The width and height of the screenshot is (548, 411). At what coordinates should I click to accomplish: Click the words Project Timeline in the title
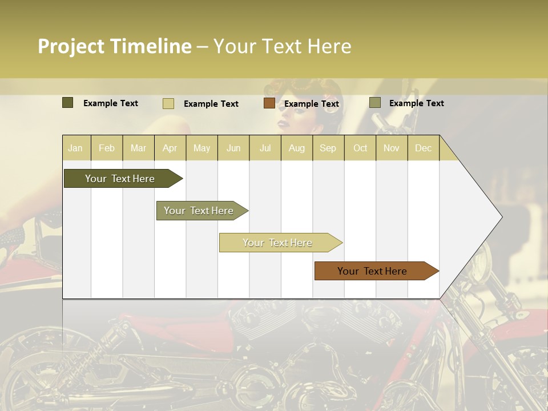(x=114, y=46)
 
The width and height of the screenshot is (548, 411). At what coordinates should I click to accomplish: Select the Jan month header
(x=75, y=148)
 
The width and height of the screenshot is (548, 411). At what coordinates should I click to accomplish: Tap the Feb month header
(x=107, y=148)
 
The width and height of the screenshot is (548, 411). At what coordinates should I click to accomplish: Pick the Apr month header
(x=170, y=148)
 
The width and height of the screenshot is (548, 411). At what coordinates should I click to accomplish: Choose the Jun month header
(x=233, y=148)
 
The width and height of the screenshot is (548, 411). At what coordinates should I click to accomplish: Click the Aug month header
(x=296, y=148)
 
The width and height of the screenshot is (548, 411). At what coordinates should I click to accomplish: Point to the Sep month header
(x=328, y=148)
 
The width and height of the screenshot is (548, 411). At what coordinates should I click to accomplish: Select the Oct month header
(x=360, y=148)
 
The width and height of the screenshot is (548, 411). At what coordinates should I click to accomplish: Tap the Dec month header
(x=423, y=148)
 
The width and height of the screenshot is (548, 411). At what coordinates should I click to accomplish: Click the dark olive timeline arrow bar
(x=120, y=179)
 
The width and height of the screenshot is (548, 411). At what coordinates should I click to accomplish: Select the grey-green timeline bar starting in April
(x=199, y=211)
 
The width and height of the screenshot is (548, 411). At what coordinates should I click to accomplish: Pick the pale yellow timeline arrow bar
(x=277, y=243)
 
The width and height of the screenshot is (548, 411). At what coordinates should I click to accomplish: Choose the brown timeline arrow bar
(x=372, y=271)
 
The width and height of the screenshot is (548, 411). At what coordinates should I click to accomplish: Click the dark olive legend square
(x=67, y=103)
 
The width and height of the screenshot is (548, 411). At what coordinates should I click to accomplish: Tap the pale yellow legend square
(x=168, y=103)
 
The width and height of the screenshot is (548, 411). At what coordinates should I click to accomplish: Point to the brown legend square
(x=269, y=103)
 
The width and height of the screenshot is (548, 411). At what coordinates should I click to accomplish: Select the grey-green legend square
(x=374, y=103)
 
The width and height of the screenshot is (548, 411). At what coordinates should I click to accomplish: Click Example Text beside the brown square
(x=311, y=104)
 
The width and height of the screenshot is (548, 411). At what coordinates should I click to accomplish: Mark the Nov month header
(x=391, y=148)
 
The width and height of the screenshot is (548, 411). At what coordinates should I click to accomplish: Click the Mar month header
(x=138, y=148)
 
